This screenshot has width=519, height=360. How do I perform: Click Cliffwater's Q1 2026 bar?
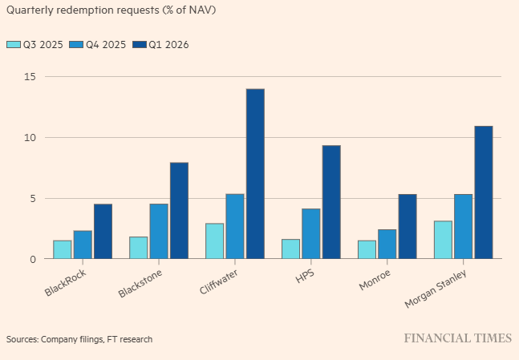pyautogui.click(x=255, y=174)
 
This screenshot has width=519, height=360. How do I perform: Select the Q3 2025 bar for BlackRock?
pyautogui.click(x=63, y=249)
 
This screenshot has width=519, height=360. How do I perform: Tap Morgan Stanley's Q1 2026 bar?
pyautogui.click(x=483, y=192)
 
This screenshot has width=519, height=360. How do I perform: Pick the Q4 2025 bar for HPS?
pyautogui.click(x=311, y=233)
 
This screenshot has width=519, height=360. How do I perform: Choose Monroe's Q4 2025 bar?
pyautogui.click(x=387, y=244)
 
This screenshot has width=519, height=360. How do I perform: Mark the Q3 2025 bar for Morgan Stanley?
pyautogui.click(x=443, y=240)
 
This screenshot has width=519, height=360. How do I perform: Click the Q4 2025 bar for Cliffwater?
pyautogui.click(x=235, y=226)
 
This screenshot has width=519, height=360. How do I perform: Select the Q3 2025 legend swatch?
pyautogui.click(x=13, y=44)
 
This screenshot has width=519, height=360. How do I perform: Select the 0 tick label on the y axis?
pyautogui.click(x=32, y=259)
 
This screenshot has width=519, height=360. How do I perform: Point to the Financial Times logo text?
pyautogui.click(x=456, y=338)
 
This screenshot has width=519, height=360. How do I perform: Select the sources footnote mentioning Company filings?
pyautogui.click(x=79, y=339)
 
